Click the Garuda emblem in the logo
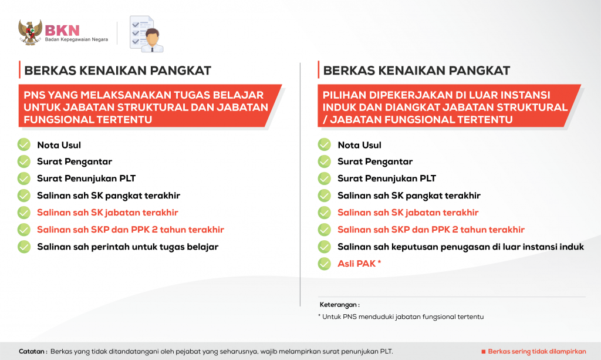[x=31, y=32]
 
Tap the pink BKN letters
[x=62, y=31]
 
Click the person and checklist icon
[x=146, y=33]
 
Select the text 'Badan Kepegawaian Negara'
[x=76, y=39]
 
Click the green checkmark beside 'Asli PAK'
[x=324, y=263]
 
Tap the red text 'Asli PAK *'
[x=359, y=263]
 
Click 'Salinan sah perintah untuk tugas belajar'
[x=127, y=247]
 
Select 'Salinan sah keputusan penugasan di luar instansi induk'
[x=461, y=247]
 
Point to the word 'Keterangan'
[x=338, y=305]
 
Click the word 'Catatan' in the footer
[x=32, y=351]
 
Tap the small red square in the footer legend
[x=484, y=352]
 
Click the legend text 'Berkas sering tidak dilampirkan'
[x=537, y=352]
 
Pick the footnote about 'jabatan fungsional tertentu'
[x=401, y=317]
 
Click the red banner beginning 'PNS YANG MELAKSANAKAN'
[x=150, y=106]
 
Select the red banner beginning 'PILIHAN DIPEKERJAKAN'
[x=449, y=106]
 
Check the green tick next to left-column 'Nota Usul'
[x=23, y=145]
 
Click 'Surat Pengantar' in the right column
[x=375, y=162]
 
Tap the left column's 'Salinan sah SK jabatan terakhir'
[x=107, y=213]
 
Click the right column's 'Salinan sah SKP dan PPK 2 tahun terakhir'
[x=431, y=230]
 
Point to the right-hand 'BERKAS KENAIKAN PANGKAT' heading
[x=416, y=70]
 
